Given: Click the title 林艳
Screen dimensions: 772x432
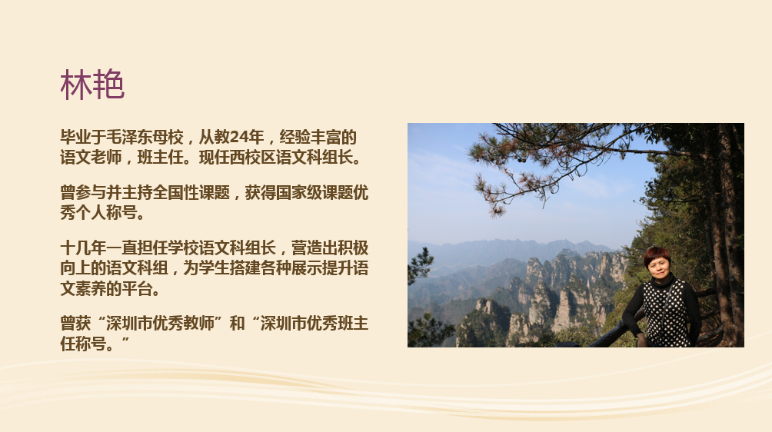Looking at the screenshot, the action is [x=92, y=85].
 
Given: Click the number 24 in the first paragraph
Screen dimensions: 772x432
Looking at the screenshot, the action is [x=239, y=137].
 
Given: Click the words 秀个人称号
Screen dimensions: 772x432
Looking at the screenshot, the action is [x=98, y=213].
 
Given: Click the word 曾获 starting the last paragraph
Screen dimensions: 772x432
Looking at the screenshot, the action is [x=75, y=324].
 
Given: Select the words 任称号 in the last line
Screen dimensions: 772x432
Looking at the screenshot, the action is [x=83, y=344].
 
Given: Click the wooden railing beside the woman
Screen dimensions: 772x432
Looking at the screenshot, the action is [x=611, y=334].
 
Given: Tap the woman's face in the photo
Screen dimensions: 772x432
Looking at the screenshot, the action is [x=659, y=267].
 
